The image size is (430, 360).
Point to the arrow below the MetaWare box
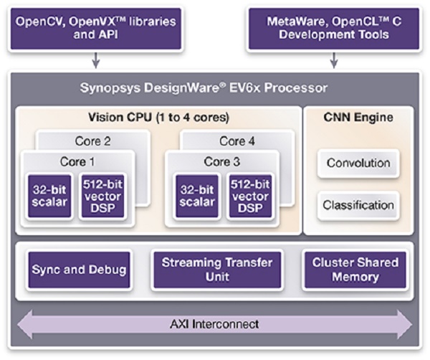tap(334, 60)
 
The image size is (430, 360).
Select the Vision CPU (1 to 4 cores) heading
tap(158, 117)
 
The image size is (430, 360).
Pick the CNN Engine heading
tap(358, 117)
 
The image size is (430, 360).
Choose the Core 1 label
tap(78, 161)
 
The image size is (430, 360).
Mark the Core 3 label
tap(222, 161)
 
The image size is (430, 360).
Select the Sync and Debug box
tap(79, 270)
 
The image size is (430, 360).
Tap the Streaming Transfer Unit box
tap(216, 270)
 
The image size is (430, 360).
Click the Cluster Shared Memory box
tap(355, 270)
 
